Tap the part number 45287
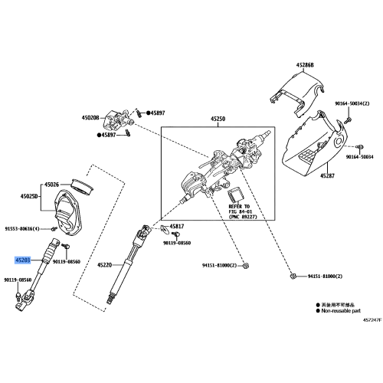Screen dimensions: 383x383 pyautogui.click(x=327, y=175)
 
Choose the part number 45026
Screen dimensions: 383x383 pyautogui.click(x=52, y=185)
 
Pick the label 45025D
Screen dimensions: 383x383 pyautogui.click(x=28, y=198)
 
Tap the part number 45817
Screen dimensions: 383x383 pyautogui.click(x=177, y=226)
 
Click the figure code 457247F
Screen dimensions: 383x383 pyautogui.click(x=371, y=319)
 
